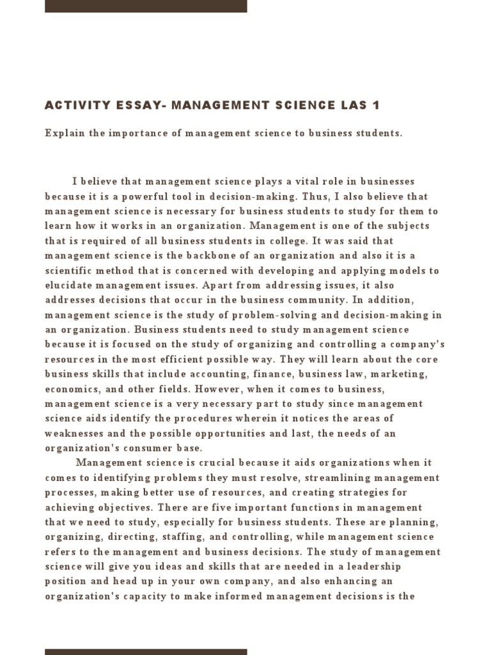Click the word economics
click(x=70, y=389)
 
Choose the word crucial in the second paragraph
click(x=224, y=463)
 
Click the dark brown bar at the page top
click(x=146, y=6)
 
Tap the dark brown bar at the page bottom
click(x=146, y=651)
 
